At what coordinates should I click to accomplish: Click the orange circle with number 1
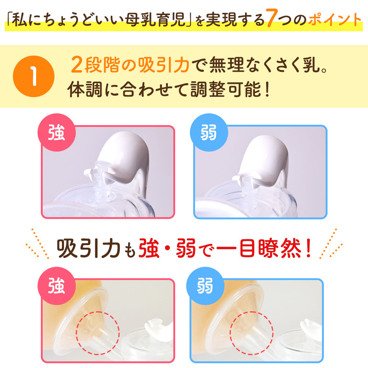pyautogui.click(x=34, y=77)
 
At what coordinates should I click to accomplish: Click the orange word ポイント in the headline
pyautogui.click(x=334, y=20)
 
